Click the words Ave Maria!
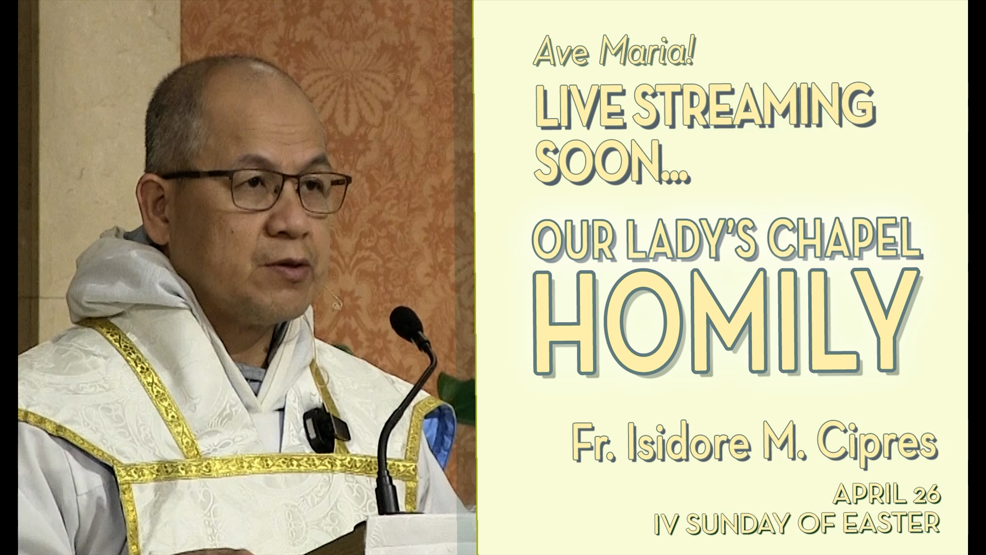click(614, 53)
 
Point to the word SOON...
click(596, 162)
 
